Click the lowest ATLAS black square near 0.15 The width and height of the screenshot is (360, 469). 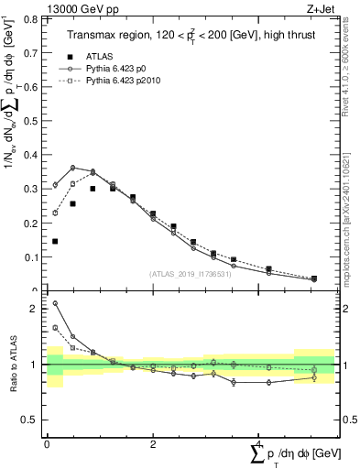(x=55, y=241)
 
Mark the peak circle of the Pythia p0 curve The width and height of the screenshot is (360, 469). (x=72, y=168)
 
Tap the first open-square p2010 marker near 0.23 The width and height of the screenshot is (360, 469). (x=55, y=213)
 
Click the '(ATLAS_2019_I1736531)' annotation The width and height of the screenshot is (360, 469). (x=191, y=275)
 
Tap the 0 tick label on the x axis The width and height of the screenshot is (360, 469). (x=47, y=443)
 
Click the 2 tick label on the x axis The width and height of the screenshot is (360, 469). (x=152, y=443)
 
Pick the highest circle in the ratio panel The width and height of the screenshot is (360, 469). (x=55, y=303)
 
